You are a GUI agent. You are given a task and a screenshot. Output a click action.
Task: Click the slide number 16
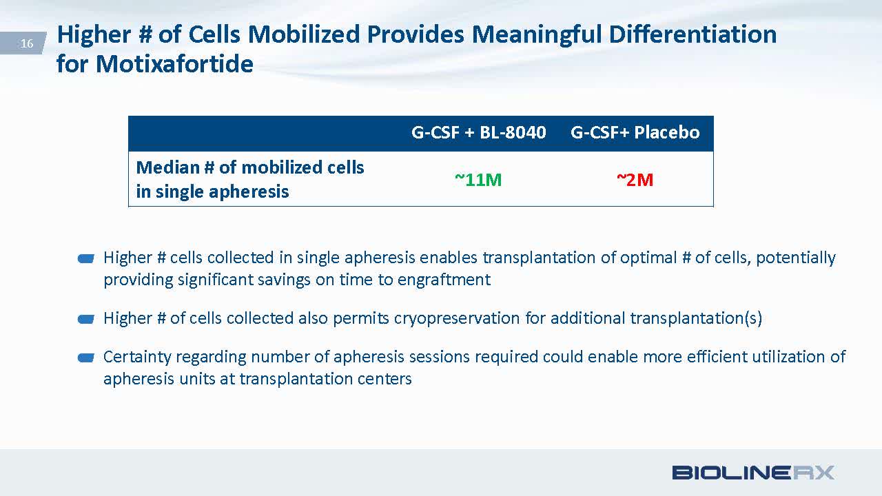27,43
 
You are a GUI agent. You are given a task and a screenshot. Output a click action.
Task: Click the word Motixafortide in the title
174,63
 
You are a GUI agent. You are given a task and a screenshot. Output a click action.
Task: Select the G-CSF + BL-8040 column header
478,132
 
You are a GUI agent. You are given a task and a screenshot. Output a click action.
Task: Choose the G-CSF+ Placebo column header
635,132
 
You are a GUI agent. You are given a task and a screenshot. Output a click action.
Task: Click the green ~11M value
478,180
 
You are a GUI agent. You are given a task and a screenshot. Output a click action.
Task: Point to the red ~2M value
635,180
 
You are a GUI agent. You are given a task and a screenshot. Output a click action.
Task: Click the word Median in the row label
167,167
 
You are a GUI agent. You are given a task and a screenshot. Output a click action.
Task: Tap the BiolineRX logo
753,473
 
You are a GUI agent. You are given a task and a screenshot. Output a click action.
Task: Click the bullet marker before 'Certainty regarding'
86,358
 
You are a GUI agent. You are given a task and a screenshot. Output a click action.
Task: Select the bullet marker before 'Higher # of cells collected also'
86,319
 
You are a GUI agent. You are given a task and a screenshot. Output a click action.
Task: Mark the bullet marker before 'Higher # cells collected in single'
86,258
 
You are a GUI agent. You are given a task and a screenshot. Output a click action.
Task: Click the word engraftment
444,280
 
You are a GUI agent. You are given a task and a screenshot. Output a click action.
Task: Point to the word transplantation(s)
696,318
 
